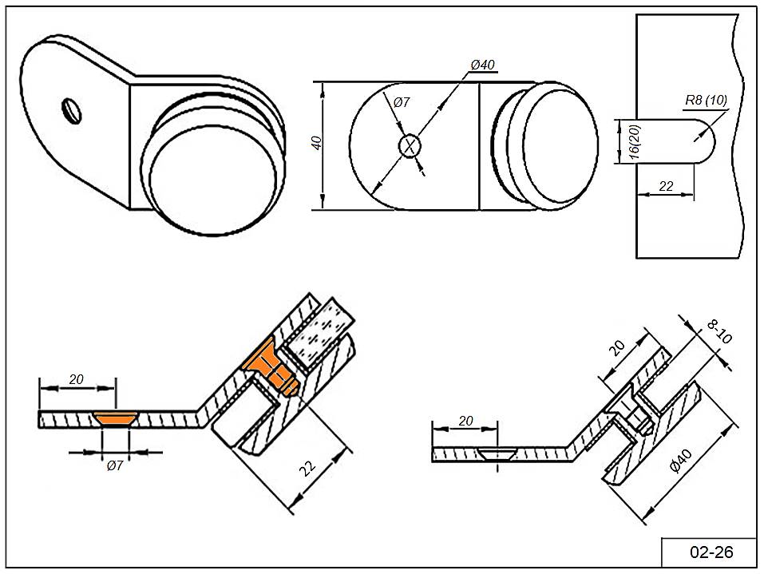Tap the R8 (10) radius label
706,101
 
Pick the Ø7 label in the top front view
401,102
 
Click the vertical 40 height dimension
317,144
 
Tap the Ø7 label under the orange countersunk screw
114,465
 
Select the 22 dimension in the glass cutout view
666,185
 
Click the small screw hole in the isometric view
70,109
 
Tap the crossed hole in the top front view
410,146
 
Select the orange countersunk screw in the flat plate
114,418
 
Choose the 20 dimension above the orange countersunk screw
77,379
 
